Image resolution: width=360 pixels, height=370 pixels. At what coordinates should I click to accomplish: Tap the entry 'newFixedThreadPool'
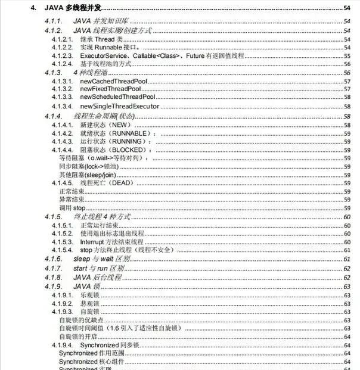click(112, 88)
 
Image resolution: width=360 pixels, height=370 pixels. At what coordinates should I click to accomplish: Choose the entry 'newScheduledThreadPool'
click(117, 97)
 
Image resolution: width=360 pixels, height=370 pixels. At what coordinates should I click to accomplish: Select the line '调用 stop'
click(72, 209)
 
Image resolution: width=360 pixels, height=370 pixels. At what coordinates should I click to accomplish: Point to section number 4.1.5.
click(54, 217)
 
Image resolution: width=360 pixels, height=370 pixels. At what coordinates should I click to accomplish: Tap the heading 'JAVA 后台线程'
click(98, 278)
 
